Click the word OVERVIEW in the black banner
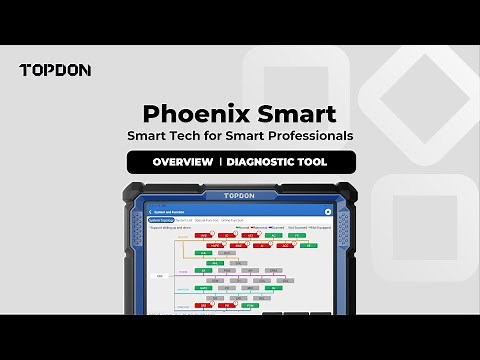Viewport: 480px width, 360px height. [x=182, y=162]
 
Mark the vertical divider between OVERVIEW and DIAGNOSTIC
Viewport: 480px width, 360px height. [x=219, y=162]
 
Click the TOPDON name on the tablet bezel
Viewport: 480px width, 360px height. [x=240, y=197]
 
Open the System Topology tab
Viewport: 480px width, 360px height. [x=161, y=220]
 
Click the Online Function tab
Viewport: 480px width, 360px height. [x=237, y=220]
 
